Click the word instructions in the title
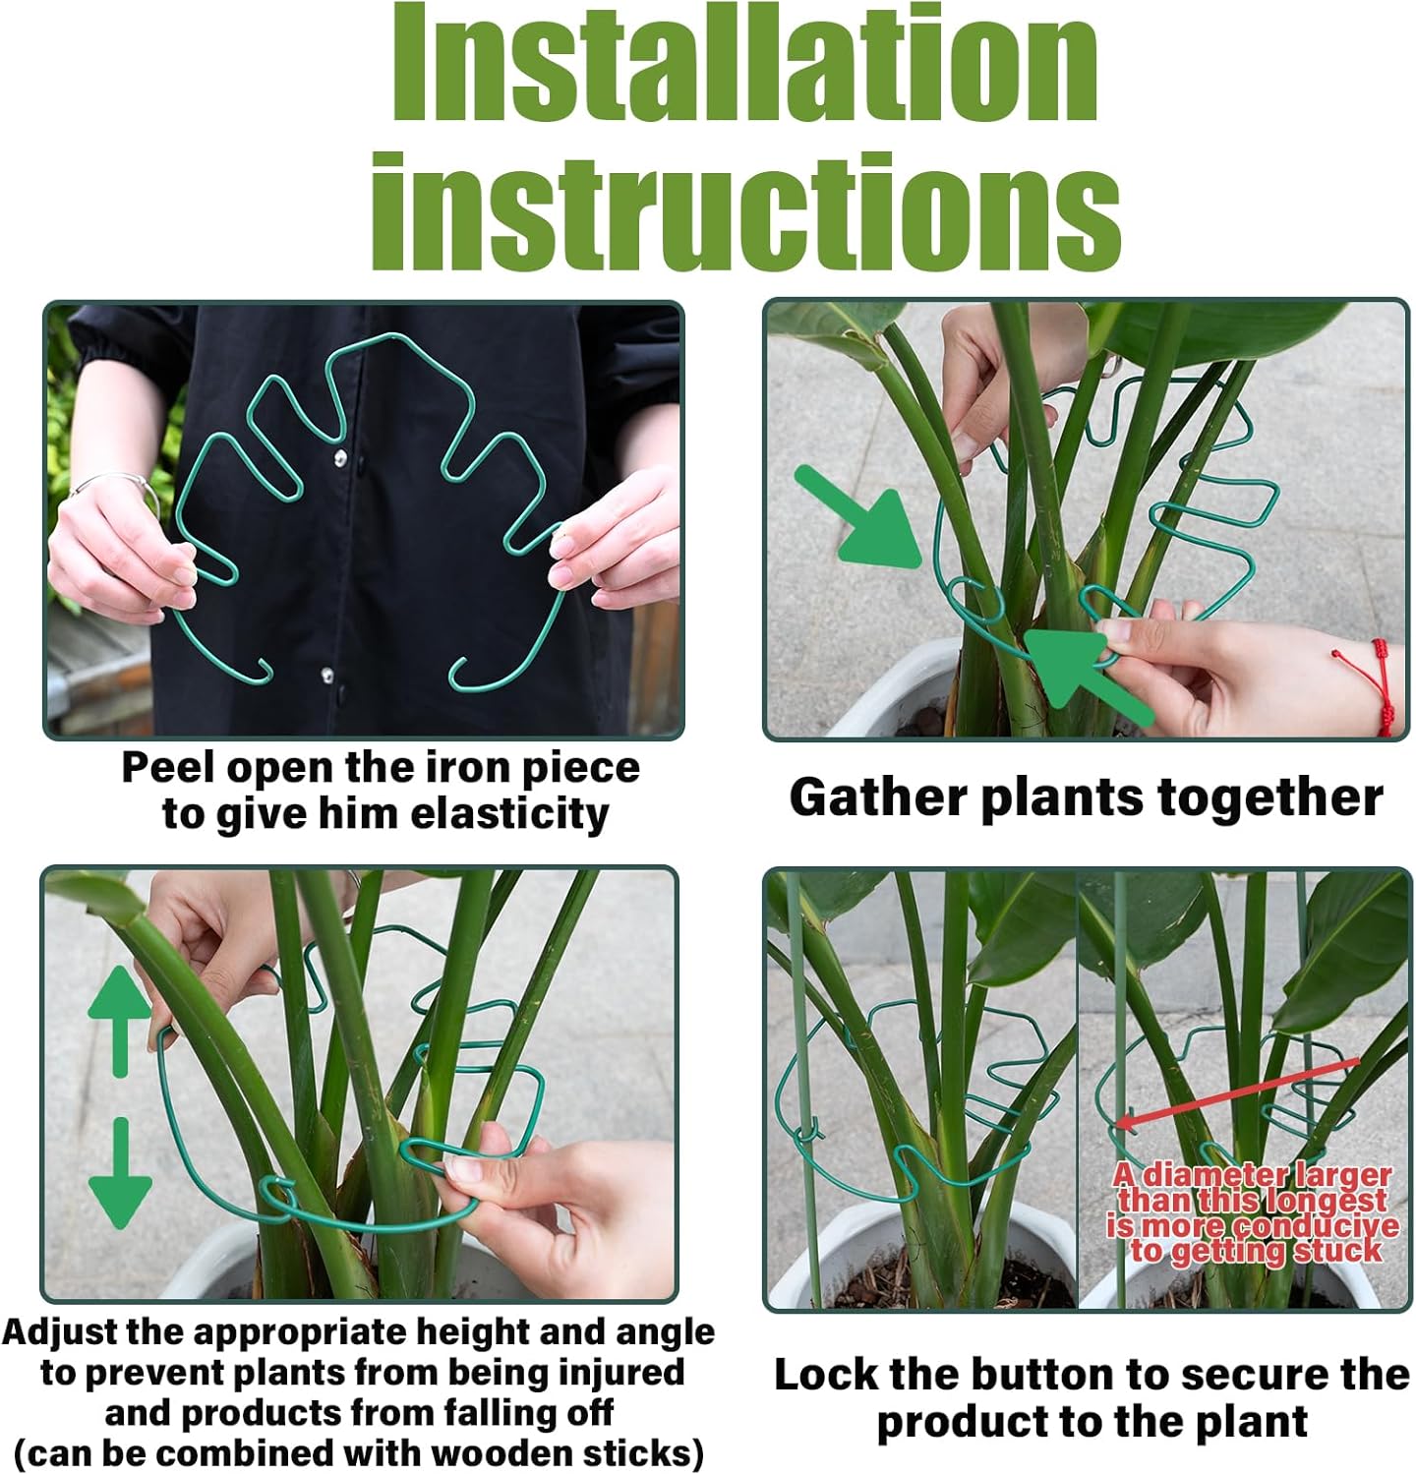click(x=744, y=210)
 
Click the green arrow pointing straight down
click(x=120, y=1175)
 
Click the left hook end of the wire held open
click(x=261, y=674)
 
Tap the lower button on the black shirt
click(x=326, y=676)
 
